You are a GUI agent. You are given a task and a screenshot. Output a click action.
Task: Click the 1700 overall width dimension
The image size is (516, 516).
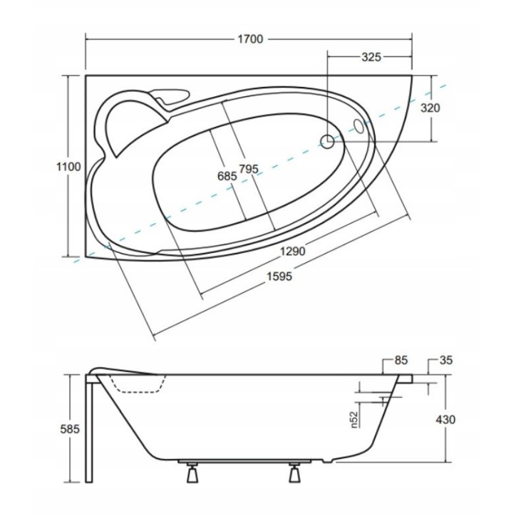pos(250,39)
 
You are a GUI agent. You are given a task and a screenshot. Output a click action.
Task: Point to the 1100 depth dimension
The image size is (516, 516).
pos(69,166)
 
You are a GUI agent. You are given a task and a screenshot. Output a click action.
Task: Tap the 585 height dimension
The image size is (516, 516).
pos(69,430)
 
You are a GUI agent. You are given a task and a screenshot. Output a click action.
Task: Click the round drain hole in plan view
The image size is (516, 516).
pos(328,142)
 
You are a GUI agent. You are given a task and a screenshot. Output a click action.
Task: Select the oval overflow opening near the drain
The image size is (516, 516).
pos(358,126)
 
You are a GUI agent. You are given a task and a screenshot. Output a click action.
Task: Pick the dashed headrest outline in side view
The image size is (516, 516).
pos(140,385)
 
